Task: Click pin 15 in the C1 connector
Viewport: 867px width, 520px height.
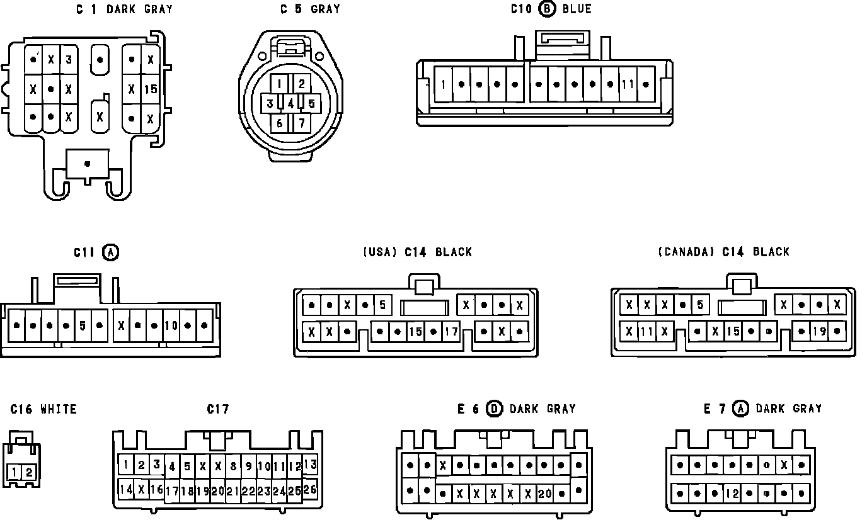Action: (150, 89)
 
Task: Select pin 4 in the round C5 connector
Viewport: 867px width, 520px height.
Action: (290, 103)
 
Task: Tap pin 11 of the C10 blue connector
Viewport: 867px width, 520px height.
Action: (628, 84)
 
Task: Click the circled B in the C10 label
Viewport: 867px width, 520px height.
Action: (548, 9)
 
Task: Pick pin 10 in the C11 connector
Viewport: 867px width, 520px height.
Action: (171, 325)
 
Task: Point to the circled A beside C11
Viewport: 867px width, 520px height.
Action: (111, 252)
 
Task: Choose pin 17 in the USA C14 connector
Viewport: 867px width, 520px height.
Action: (451, 331)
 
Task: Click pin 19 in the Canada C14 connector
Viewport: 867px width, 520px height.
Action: (819, 331)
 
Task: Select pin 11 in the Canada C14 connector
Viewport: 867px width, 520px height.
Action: (646, 331)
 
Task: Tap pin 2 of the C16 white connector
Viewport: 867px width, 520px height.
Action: (29, 472)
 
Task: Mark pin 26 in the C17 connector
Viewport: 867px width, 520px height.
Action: (310, 489)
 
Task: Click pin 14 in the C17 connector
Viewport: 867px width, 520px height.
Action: (126, 489)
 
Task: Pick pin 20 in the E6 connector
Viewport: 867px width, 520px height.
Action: (544, 494)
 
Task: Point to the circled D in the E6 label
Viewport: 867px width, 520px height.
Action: (495, 409)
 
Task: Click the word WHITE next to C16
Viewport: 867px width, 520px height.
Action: (59, 409)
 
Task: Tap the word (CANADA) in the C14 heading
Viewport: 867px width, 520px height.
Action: (686, 252)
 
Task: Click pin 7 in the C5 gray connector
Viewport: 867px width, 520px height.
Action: (301, 122)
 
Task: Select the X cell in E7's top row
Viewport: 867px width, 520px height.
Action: (784, 465)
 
